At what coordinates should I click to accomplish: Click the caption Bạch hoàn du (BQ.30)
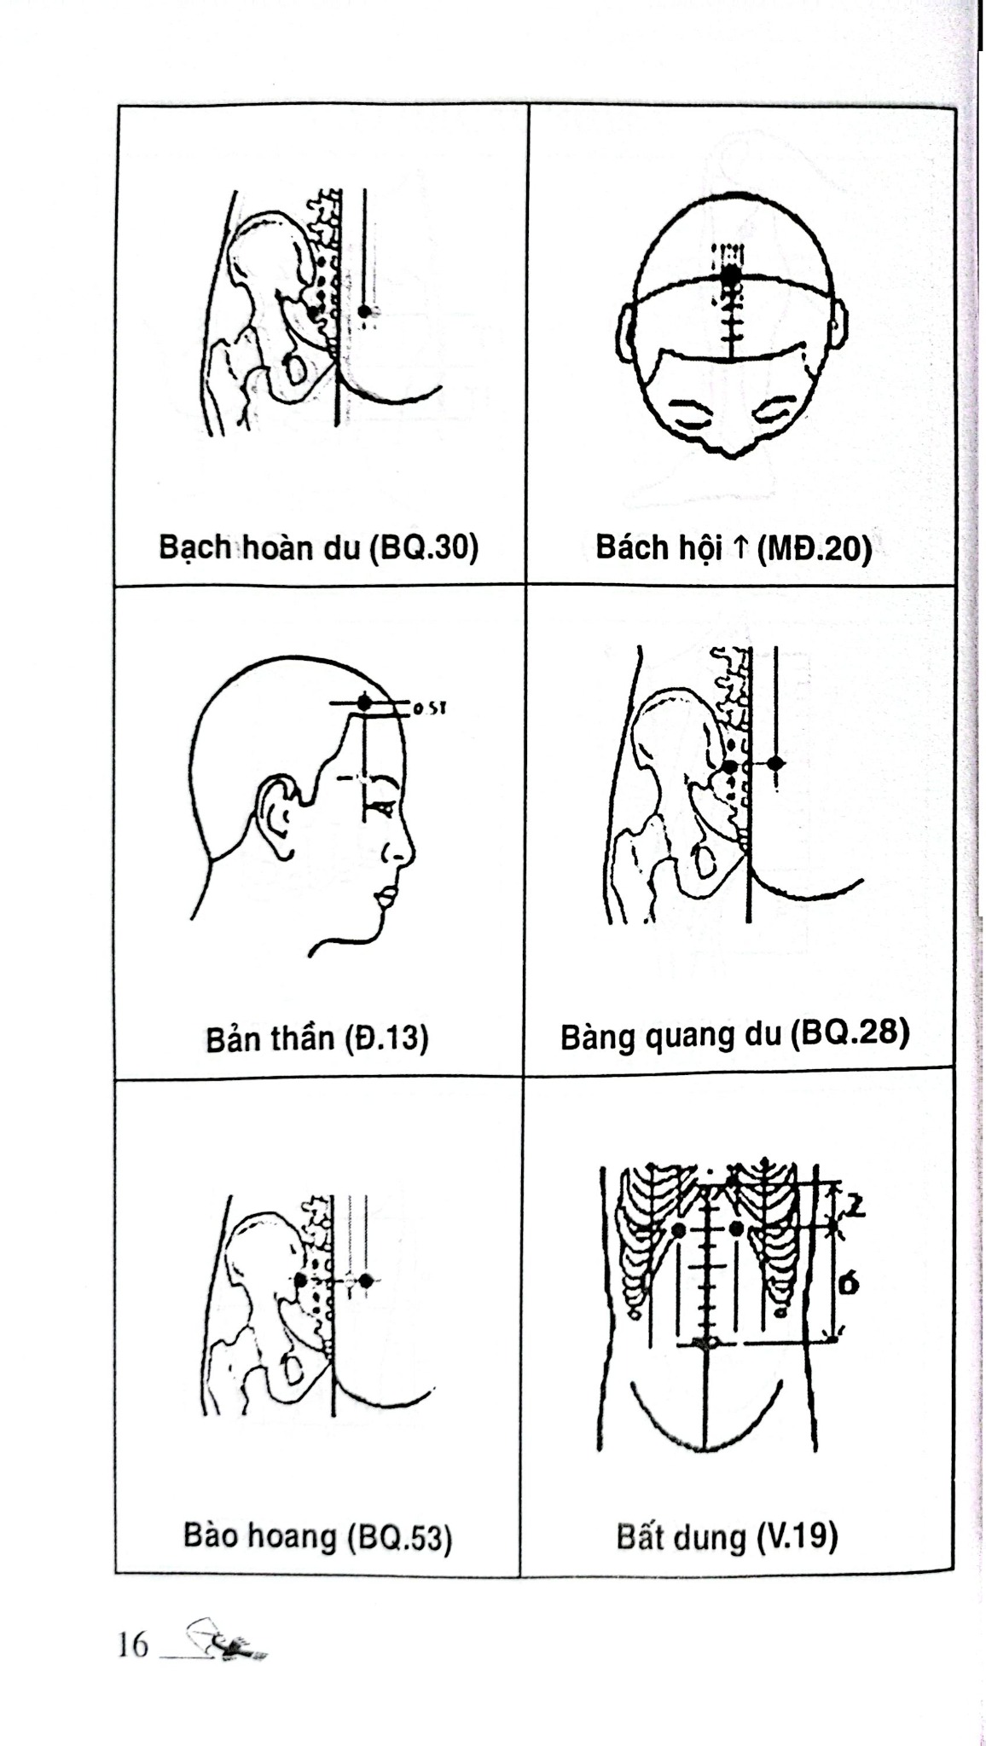318,547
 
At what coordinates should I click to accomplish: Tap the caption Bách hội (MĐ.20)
734,547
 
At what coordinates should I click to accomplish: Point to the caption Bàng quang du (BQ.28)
735,1035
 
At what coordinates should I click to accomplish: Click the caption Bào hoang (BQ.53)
317,1536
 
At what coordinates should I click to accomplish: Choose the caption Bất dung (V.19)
727,1537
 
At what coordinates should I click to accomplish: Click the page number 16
133,1645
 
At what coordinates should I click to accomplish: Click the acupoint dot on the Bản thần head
364,702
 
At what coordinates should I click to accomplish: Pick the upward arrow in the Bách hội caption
739,547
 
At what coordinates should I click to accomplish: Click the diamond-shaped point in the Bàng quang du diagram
774,762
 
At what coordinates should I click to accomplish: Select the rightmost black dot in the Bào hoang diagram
365,1281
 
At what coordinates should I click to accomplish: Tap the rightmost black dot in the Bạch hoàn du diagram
364,311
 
